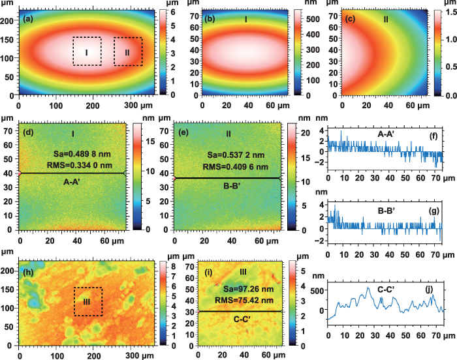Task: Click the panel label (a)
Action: click(27, 19)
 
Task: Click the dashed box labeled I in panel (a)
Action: click(87, 52)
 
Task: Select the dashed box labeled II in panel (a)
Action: click(128, 52)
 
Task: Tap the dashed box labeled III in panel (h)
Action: click(87, 302)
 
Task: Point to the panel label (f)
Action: click(438, 136)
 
